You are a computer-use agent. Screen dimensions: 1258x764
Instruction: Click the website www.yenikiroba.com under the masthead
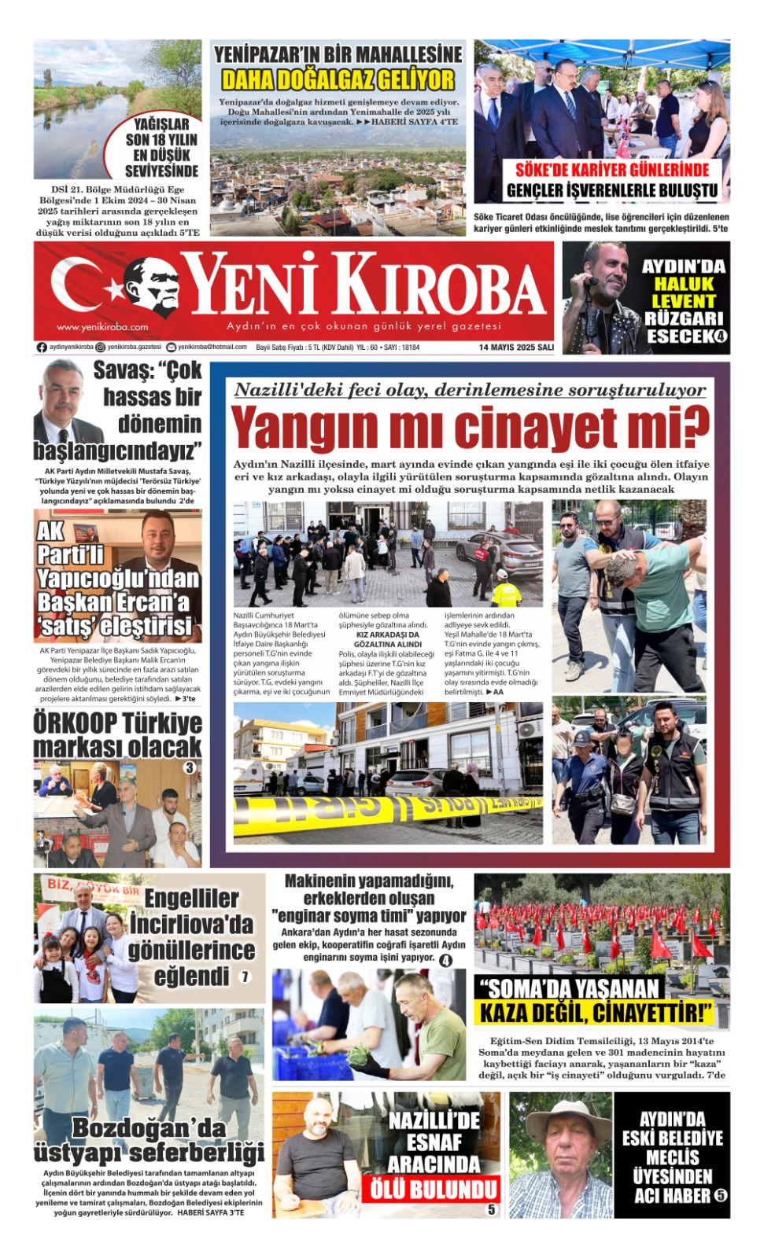pyautogui.click(x=102, y=327)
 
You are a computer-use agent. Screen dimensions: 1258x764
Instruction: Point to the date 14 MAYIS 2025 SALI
pyautogui.click(x=516, y=347)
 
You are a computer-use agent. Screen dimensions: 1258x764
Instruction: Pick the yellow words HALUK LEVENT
pyautogui.click(x=683, y=292)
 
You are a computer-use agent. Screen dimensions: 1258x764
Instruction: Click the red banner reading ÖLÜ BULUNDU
pyautogui.click(x=434, y=1188)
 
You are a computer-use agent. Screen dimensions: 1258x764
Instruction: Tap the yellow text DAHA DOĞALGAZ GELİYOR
pyautogui.click(x=338, y=80)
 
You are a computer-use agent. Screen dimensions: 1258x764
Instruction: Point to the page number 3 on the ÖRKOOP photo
pyautogui.click(x=190, y=767)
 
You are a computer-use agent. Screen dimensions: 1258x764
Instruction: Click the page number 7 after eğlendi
pyautogui.click(x=245, y=977)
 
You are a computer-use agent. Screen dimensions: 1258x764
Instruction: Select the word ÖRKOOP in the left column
pyautogui.click(x=75, y=723)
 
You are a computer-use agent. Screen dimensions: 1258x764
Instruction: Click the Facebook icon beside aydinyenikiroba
pyautogui.click(x=42, y=347)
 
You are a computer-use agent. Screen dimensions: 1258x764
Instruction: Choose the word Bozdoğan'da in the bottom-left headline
pyautogui.click(x=149, y=1127)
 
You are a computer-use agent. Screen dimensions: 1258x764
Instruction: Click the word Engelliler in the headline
pyautogui.click(x=191, y=898)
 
